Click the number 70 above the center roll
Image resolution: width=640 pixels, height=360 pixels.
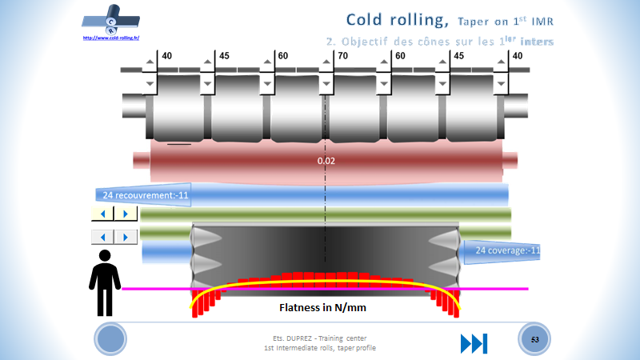[x=343, y=56]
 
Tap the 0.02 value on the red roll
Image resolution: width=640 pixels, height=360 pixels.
[x=325, y=161]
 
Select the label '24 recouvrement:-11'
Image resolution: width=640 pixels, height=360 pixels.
[x=142, y=194]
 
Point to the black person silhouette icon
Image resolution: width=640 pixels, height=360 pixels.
[x=104, y=282]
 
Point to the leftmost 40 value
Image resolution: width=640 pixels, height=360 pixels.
[x=167, y=56]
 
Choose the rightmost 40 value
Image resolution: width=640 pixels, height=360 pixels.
[x=517, y=56]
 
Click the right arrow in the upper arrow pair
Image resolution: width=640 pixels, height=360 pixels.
[x=125, y=214]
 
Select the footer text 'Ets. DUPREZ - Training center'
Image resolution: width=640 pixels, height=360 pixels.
[x=320, y=338]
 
